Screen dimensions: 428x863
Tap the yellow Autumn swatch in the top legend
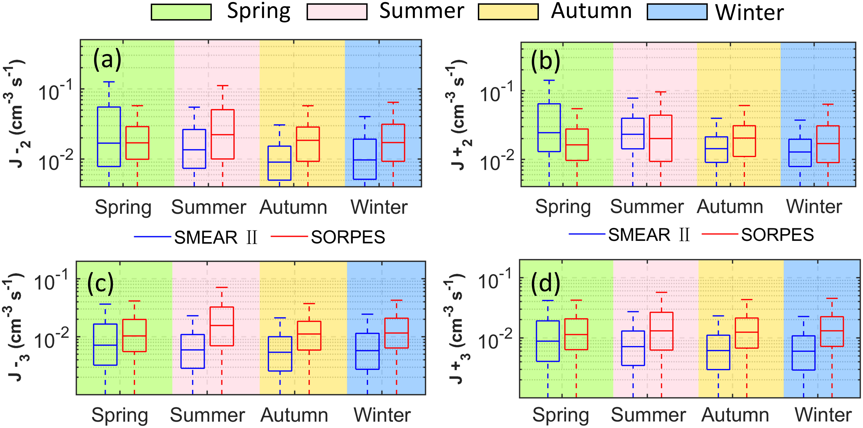point(508,12)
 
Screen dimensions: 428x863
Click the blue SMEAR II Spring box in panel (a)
point(109,137)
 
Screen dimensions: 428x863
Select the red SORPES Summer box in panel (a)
point(222,134)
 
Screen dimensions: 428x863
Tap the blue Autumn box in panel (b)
point(716,149)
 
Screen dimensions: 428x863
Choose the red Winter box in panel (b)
point(828,144)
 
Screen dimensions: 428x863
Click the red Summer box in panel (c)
point(222,326)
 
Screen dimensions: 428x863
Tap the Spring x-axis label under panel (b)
point(563,207)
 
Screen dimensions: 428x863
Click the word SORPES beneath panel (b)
point(777,235)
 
